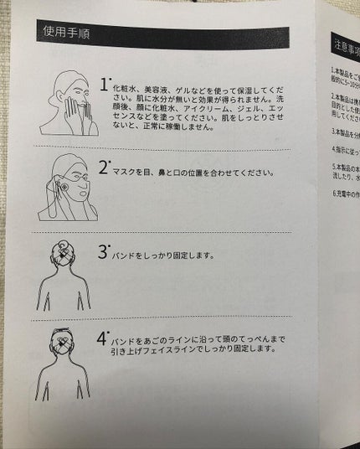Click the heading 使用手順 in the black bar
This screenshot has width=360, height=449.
pyautogui.click(x=68, y=34)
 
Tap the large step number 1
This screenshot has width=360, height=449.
pyautogui.click(x=104, y=85)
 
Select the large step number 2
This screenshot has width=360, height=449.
pyautogui.click(x=104, y=168)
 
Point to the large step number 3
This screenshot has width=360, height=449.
pyautogui.click(x=103, y=251)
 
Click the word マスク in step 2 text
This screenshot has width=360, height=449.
pyautogui.click(x=125, y=173)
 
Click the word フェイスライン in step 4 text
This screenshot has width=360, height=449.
pyautogui.click(x=169, y=350)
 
